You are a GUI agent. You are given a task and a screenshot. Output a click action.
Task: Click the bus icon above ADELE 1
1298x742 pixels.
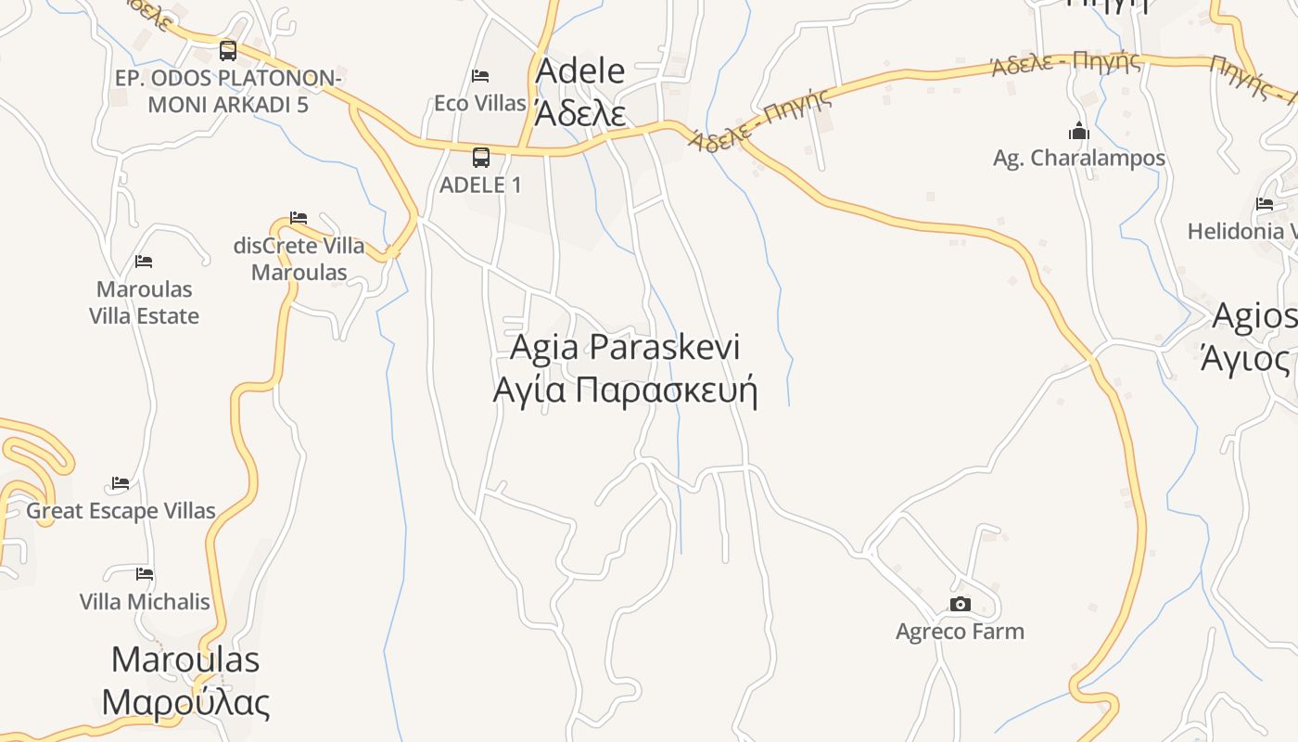(480, 158)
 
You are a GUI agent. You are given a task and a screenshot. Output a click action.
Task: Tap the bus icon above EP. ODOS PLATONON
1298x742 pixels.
(228, 51)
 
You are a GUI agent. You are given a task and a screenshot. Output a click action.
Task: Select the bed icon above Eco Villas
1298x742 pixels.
(480, 76)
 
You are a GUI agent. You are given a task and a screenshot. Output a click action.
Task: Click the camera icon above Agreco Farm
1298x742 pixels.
(960, 605)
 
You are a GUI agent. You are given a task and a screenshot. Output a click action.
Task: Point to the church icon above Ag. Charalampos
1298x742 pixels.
(1078, 131)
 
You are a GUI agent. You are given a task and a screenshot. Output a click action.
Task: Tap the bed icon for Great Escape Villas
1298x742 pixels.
(121, 483)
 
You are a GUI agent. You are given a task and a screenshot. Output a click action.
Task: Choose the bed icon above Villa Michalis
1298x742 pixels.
(144, 574)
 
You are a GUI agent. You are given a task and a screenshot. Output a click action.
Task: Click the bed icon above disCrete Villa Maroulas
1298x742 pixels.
(299, 218)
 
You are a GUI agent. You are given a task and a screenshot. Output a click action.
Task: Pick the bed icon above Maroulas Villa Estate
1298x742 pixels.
(144, 262)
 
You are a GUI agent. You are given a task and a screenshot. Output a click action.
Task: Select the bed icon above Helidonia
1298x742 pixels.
(1265, 204)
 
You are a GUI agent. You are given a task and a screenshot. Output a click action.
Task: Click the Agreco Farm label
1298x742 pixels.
(960, 632)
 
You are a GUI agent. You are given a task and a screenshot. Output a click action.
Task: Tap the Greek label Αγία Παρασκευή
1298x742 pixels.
(625, 390)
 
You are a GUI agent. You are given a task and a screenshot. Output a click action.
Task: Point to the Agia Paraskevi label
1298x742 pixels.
(625, 347)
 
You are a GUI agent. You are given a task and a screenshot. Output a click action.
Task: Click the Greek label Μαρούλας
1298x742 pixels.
(185, 702)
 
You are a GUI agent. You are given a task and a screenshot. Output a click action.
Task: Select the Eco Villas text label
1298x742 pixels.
(480, 103)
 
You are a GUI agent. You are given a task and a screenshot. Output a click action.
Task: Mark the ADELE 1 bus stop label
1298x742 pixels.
(480, 185)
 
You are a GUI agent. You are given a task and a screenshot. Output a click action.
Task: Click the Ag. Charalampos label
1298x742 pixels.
(1079, 158)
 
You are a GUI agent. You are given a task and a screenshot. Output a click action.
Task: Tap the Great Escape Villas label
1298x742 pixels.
(121, 510)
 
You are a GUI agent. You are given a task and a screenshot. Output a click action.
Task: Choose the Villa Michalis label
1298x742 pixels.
(145, 601)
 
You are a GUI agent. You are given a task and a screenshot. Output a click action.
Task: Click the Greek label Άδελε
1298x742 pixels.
(580, 113)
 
